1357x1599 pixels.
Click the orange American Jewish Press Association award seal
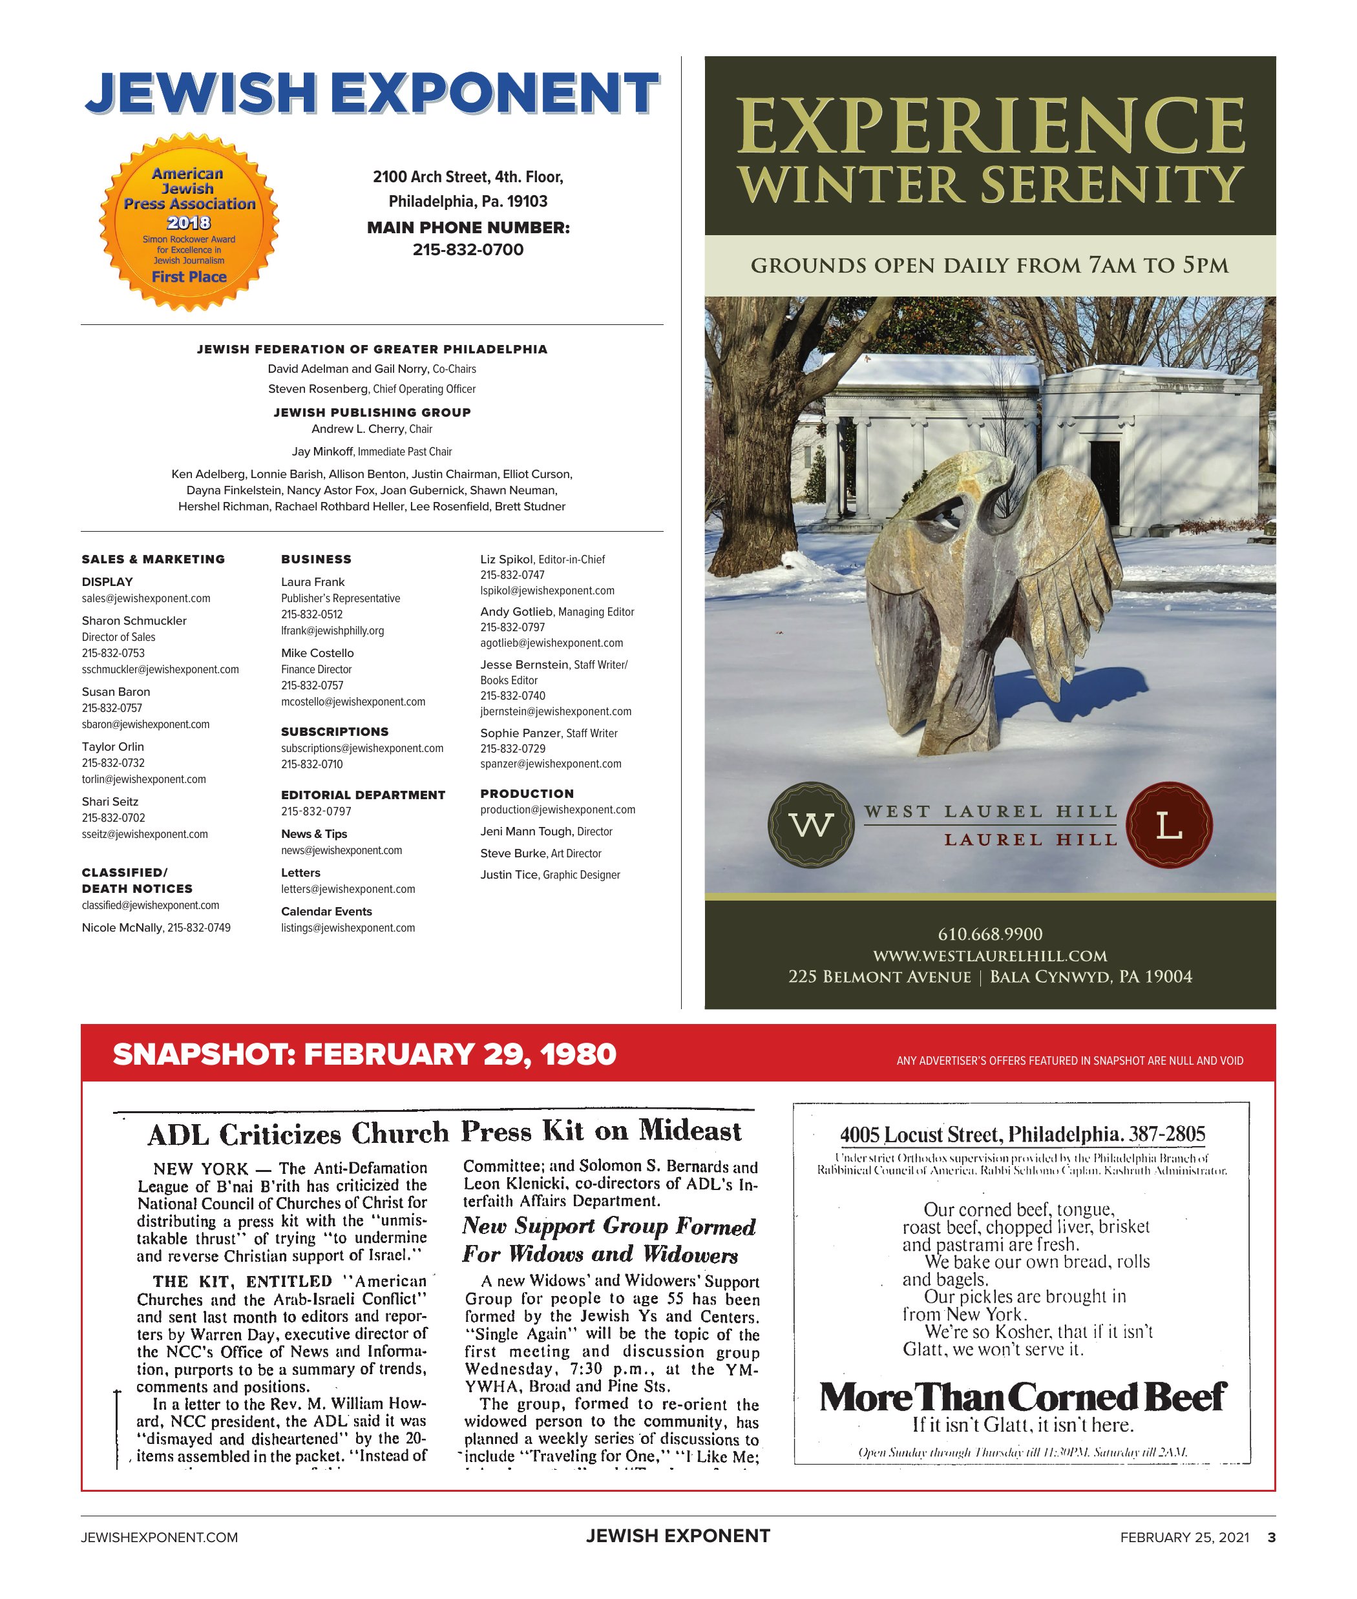189,223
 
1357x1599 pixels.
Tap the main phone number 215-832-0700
468,250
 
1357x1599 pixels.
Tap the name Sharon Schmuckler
134,621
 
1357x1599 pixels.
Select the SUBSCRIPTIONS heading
335,731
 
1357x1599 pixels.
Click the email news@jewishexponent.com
342,850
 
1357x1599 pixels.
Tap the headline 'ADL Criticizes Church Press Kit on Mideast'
444,1132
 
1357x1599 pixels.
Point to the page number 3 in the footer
1272,1538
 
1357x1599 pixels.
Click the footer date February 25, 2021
1184,1538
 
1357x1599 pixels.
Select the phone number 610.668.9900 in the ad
990,934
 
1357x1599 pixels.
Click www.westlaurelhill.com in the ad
990,956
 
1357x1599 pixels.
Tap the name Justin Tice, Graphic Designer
550,875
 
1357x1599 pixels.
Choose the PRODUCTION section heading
527,794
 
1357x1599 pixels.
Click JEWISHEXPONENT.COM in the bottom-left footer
159,1538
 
